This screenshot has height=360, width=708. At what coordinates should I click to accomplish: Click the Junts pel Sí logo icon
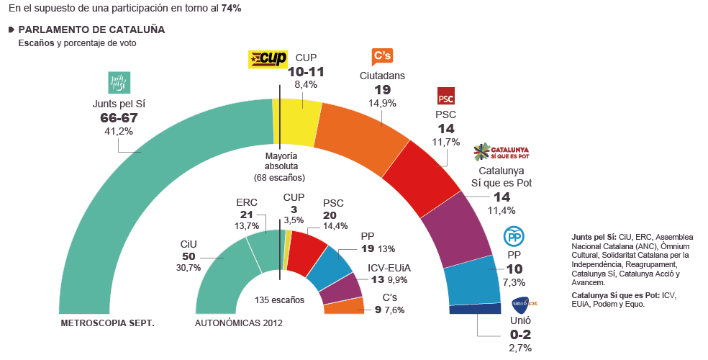[x=118, y=83]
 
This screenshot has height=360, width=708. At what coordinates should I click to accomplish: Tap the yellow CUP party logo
[x=267, y=59]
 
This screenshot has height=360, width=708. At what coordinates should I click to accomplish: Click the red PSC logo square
[x=446, y=96]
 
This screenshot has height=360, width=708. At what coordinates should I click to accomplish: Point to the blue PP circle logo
[x=513, y=236]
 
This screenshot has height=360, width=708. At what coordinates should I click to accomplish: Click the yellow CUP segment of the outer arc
[x=296, y=115]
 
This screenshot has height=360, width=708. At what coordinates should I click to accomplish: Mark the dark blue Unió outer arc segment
[x=475, y=309]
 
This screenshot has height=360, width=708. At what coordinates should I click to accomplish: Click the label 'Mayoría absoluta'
[x=279, y=160]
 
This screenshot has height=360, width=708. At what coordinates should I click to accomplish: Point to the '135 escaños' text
[x=280, y=300]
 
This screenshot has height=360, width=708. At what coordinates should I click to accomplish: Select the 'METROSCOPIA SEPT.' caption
[x=108, y=323]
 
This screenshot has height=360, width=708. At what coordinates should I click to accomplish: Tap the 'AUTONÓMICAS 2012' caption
[x=239, y=323]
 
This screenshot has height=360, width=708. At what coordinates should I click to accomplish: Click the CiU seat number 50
[x=188, y=257]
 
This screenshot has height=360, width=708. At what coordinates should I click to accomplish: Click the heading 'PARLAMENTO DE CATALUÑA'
[x=91, y=30]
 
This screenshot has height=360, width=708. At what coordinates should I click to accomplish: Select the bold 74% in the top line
[x=232, y=9]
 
